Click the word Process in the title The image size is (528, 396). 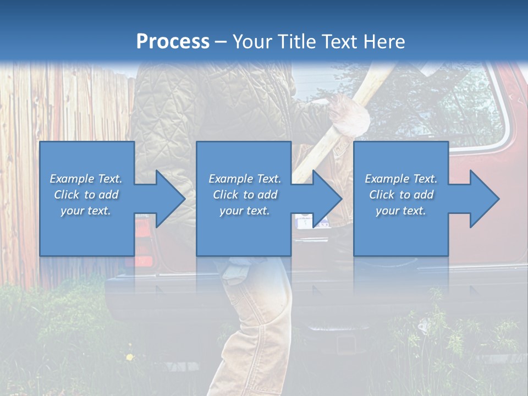pos(173,41)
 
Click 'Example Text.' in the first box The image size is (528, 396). pos(86,179)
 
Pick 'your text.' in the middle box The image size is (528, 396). pos(244,211)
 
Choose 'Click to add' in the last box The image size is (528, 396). pos(401,195)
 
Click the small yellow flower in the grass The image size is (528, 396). pos(130,358)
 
